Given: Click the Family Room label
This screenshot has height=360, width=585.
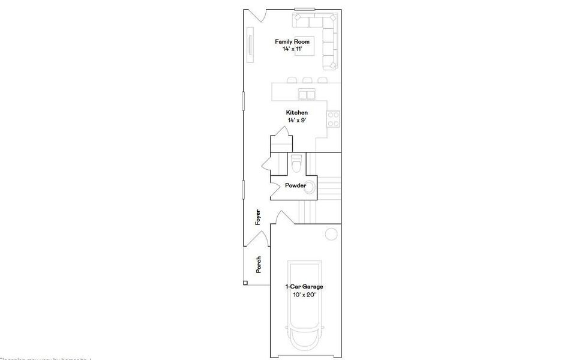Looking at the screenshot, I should pyautogui.click(x=292, y=41).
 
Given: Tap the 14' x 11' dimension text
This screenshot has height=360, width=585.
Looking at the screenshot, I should pyautogui.click(x=292, y=49).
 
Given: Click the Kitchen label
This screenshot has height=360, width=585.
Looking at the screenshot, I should pyautogui.click(x=297, y=113).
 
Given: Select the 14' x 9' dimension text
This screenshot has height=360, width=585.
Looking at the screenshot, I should pyautogui.click(x=297, y=120).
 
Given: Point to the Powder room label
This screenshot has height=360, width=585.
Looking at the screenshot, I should pyautogui.click(x=295, y=186).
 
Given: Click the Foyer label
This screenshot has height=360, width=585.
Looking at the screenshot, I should pyautogui.click(x=258, y=217).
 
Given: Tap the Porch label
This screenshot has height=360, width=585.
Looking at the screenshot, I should pyautogui.click(x=259, y=265).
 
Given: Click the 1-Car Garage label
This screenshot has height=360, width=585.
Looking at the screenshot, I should pyautogui.click(x=304, y=287).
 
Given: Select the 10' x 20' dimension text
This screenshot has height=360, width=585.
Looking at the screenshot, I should pyautogui.click(x=304, y=294).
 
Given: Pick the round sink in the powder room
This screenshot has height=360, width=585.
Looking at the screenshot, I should pyautogui.click(x=310, y=186).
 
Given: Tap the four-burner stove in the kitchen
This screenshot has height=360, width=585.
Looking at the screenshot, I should pyautogui.click(x=334, y=119).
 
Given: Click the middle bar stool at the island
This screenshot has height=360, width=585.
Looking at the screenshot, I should pyautogui.click(x=307, y=80).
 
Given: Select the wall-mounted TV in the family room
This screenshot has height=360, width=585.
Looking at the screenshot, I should pyautogui.click(x=250, y=47).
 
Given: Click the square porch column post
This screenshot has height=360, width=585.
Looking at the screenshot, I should pyautogui.click(x=245, y=283).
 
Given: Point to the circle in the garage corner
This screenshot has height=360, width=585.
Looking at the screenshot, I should pyautogui.click(x=331, y=234).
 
